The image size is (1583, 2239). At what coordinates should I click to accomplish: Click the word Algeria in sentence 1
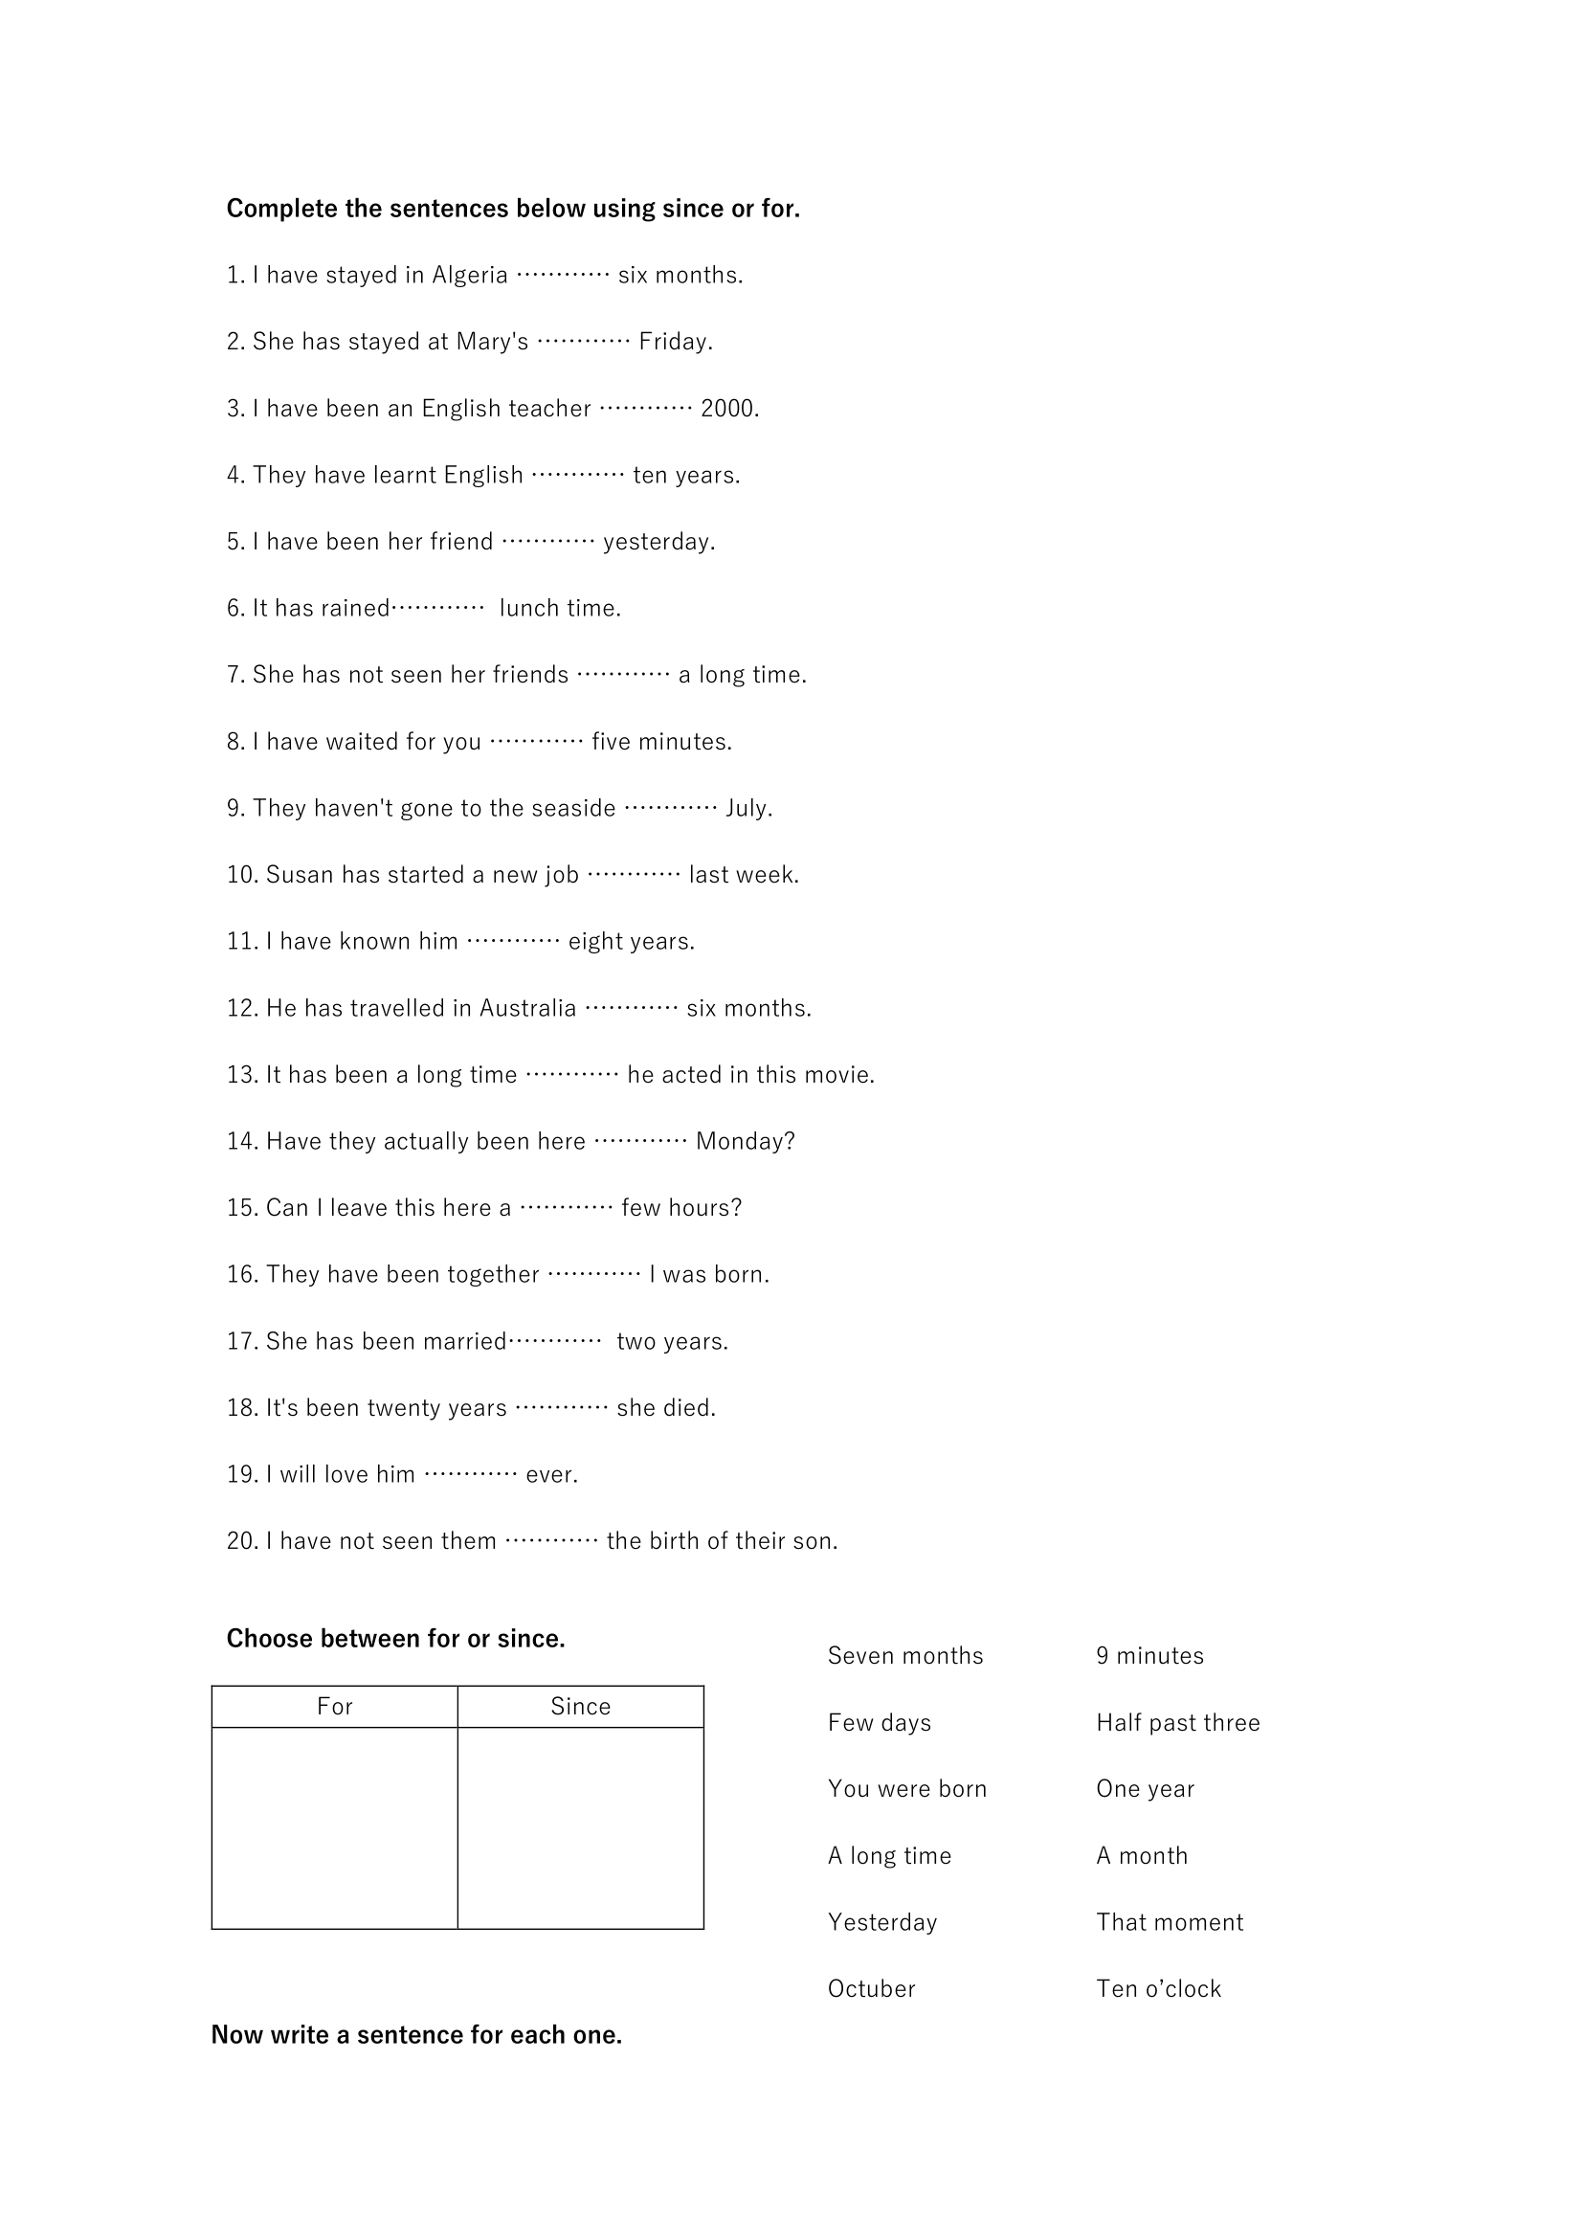(x=470, y=276)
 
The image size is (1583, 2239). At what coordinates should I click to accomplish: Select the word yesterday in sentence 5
(x=658, y=542)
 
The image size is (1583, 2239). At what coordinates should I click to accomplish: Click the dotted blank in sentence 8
(x=536, y=742)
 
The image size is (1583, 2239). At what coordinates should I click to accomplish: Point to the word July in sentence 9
(x=747, y=809)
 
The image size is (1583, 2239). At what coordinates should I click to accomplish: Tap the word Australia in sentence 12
(x=527, y=1008)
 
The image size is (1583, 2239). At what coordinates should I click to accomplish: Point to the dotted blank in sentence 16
(x=593, y=1274)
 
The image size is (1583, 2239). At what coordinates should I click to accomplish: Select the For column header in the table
(x=334, y=1707)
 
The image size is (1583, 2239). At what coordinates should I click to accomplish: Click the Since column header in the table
(x=580, y=1707)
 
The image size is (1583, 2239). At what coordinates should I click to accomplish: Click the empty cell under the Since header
(x=580, y=1827)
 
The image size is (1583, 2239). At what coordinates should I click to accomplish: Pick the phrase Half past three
(x=1177, y=1723)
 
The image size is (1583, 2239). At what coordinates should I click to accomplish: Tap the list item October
(x=872, y=1989)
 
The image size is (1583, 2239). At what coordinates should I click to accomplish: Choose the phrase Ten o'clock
(x=1158, y=1989)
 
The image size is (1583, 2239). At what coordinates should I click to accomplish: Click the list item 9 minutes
(x=1149, y=1656)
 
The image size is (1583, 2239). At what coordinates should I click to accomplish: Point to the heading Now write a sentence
(x=416, y=2035)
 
